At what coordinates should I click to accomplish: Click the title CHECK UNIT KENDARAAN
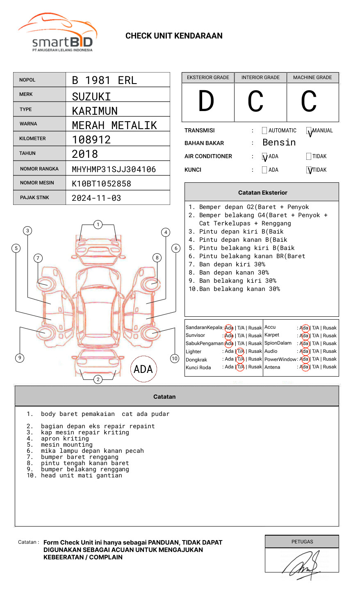(x=174, y=36)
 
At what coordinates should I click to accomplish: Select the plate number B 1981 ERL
(x=104, y=80)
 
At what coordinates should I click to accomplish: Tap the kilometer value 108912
(x=91, y=140)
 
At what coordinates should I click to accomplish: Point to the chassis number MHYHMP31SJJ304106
(x=114, y=169)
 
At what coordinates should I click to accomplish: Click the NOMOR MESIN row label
(x=37, y=183)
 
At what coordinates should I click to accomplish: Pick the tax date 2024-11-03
(x=96, y=198)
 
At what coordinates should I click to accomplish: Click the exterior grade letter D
(x=206, y=101)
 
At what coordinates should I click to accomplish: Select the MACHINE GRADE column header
(x=312, y=77)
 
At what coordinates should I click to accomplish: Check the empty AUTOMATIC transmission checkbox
(x=264, y=131)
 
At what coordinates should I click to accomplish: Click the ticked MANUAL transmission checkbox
(x=309, y=131)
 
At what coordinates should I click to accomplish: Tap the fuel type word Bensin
(x=279, y=143)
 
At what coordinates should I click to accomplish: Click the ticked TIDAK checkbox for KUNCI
(x=309, y=170)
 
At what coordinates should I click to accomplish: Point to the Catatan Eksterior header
(x=262, y=193)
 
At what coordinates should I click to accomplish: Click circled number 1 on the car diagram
(x=98, y=225)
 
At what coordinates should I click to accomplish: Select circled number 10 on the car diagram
(x=175, y=359)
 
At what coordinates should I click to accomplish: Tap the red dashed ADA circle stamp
(x=144, y=369)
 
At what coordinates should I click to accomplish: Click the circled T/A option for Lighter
(x=240, y=351)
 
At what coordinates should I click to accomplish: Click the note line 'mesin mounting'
(x=66, y=445)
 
